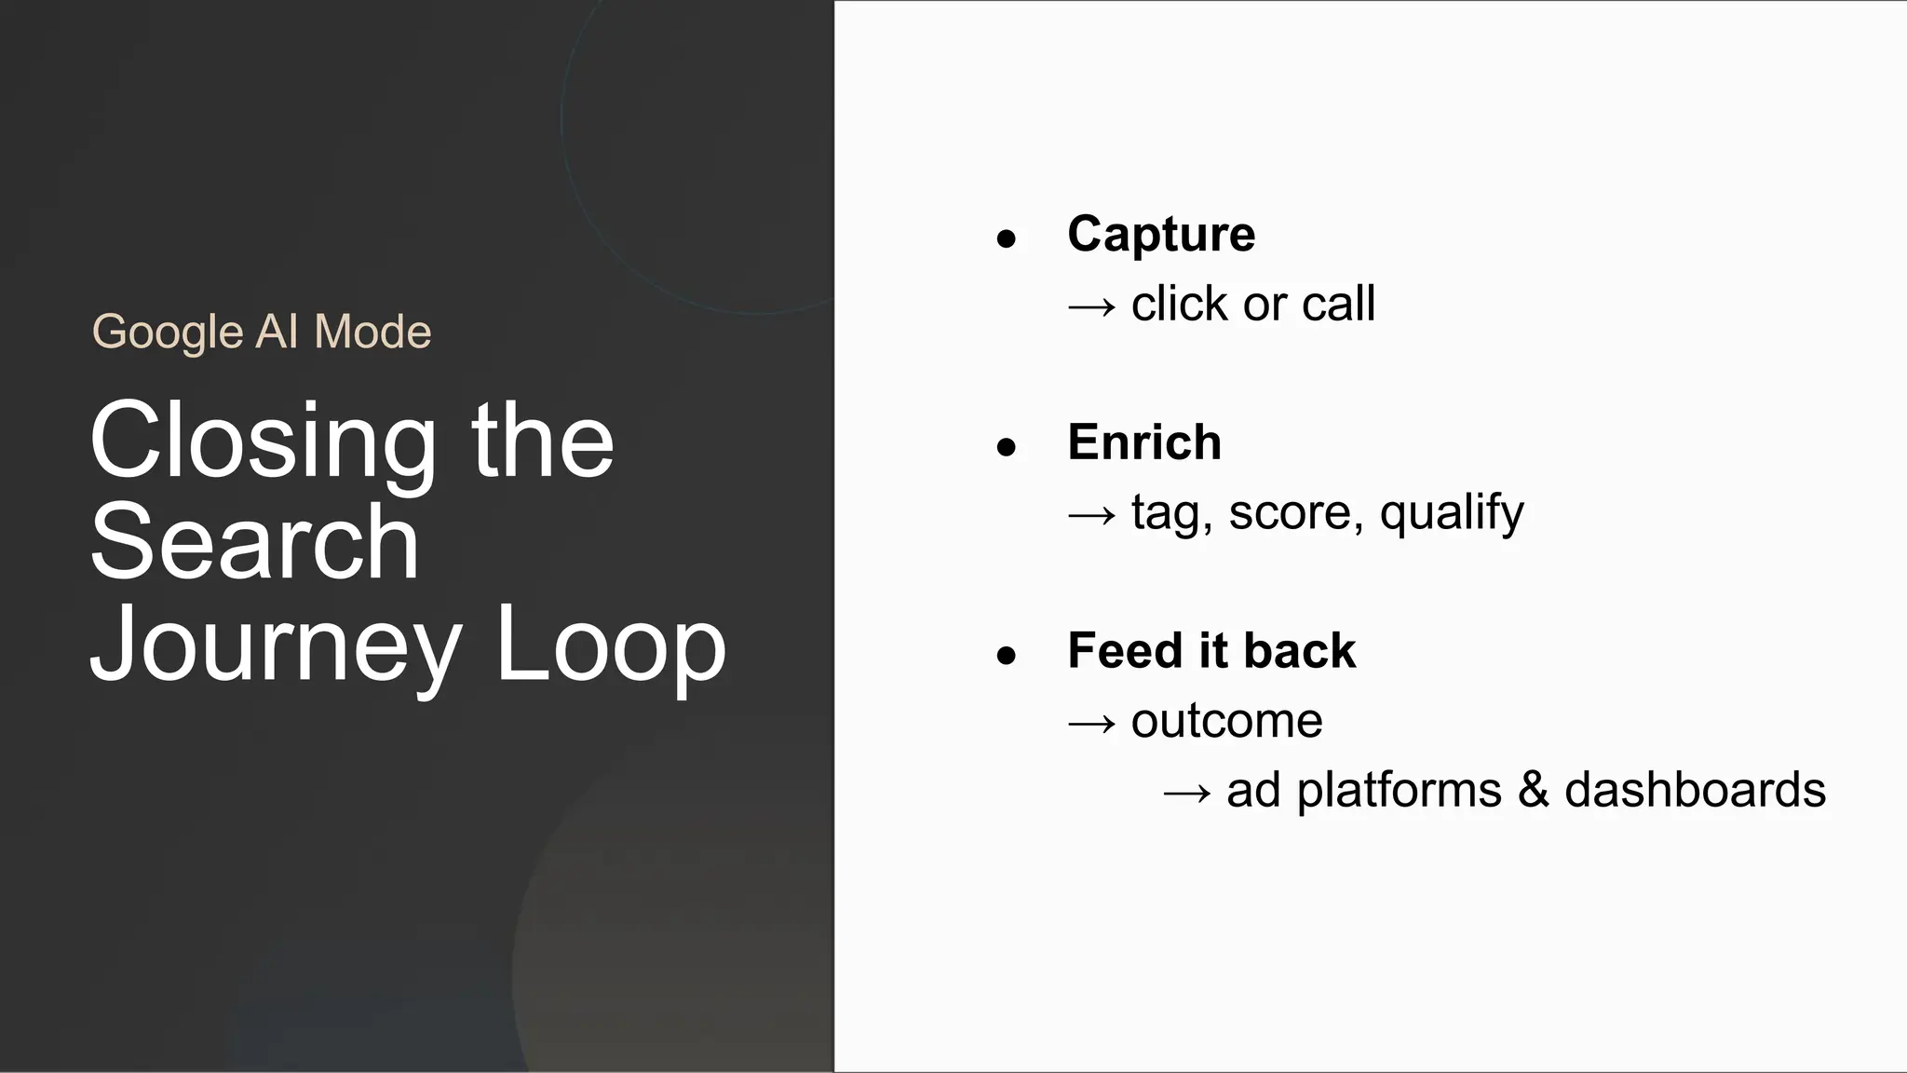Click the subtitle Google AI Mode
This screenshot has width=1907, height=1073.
pos(262,332)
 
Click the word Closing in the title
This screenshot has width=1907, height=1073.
pos(262,441)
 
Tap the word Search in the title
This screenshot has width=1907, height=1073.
pos(254,543)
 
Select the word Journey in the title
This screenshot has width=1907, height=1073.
pos(276,645)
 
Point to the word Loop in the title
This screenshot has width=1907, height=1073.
pos(610,645)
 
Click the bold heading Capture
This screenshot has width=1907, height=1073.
pos(1160,234)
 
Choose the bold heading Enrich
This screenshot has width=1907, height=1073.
pos(1143,442)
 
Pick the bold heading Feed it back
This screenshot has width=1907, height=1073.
pos(1210,650)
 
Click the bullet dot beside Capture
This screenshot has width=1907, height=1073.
pos(1006,239)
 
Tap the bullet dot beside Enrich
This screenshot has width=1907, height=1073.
pos(1006,448)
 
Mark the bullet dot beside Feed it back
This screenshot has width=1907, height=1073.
pos(1006,656)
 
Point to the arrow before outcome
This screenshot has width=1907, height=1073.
pos(1091,723)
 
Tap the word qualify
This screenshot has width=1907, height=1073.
pos(1451,513)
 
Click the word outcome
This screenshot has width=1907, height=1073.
pos(1226,721)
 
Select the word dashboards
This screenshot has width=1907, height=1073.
pos(1695,790)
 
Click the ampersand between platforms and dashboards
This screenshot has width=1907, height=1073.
pos(1533,790)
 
